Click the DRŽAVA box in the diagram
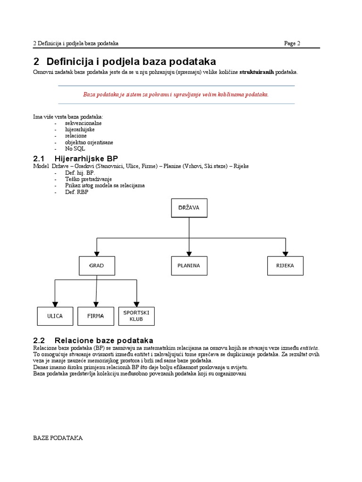(189, 208)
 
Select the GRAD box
(97, 265)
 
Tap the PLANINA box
(189, 265)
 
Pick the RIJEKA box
(285, 265)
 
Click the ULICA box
(55, 316)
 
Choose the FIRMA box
(96, 316)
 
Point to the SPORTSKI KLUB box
(136, 316)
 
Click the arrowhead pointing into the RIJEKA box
(285, 253)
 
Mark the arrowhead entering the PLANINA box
(189, 253)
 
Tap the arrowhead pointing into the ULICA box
(55, 304)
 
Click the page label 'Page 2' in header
(292, 44)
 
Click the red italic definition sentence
(176, 94)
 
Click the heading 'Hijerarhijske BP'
(86, 158)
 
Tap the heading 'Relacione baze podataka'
(104, 340)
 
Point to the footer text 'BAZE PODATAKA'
(58, 438)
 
